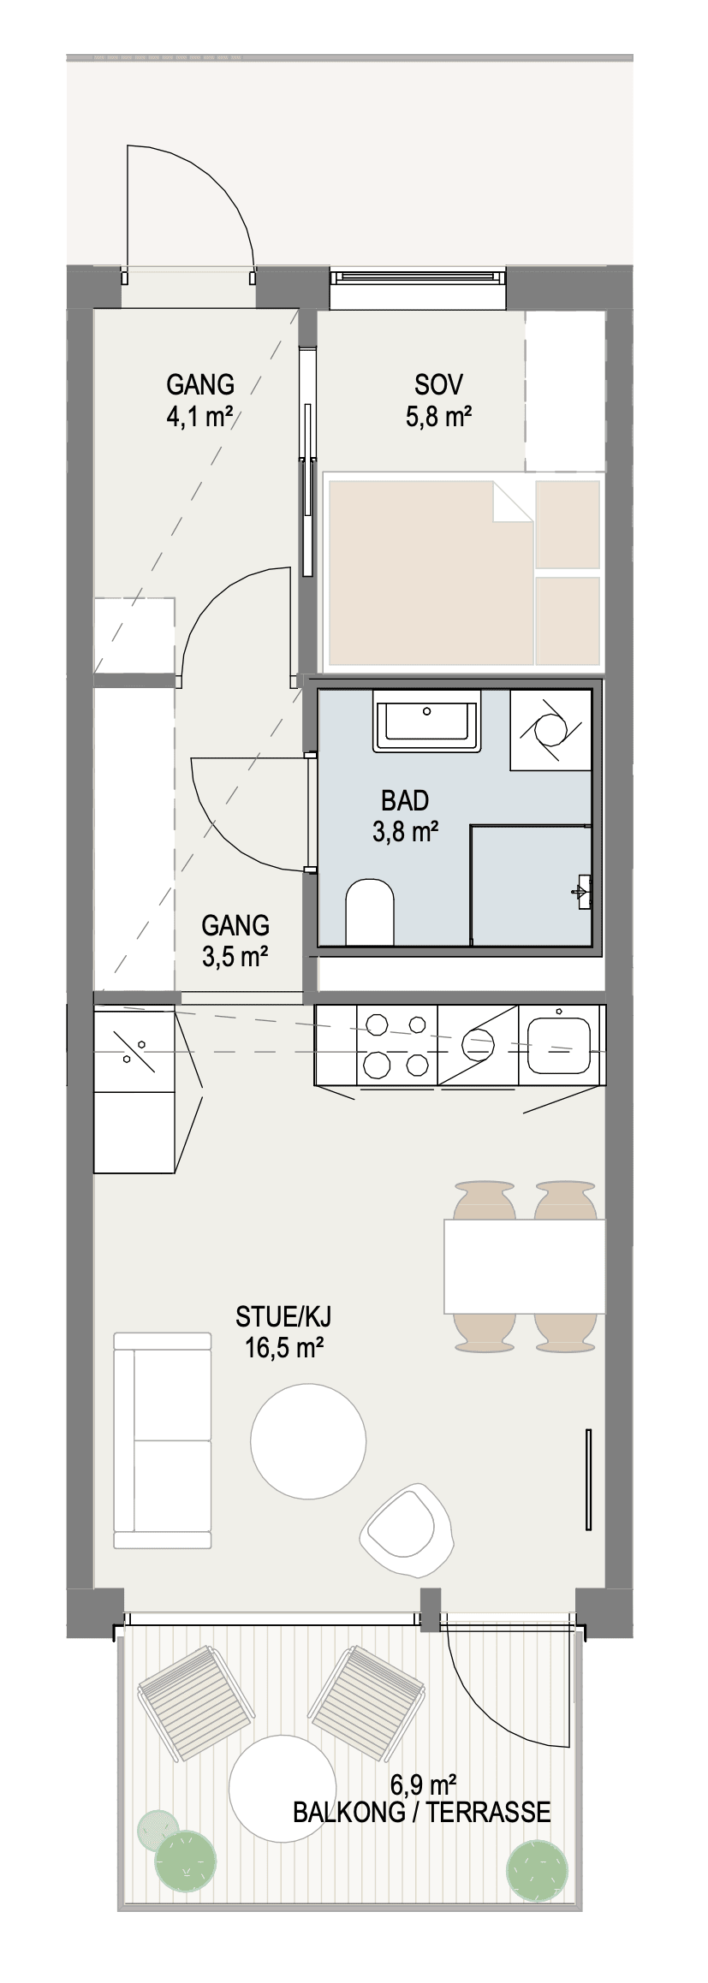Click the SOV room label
(x=439, y=384)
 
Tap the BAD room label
(x=405, y=801)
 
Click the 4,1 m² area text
(x=201, y=418)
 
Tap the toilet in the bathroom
(x=370, y=911)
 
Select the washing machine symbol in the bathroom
(x=551, y=729)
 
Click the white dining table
(x=525, y=1266)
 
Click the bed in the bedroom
(x=462, y=572)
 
